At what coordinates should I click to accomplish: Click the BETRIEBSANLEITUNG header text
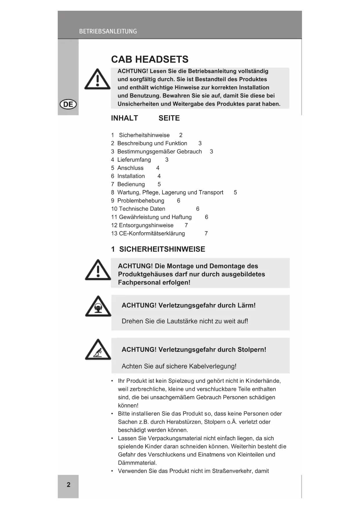click(x=108, y=31)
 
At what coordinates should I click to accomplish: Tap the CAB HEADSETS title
click(x=150, y=59)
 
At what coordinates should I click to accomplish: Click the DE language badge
click(x=68, y=104)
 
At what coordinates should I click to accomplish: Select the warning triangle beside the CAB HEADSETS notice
click(x=97, y=79)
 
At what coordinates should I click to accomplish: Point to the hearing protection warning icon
click(x=98, y=307)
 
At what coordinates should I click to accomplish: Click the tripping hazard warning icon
click(x=98, y=350)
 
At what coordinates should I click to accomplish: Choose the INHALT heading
click(x=124, y=118)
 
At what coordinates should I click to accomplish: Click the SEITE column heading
click(x=169, y=118)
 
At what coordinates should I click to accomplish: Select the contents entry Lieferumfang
click(x=134, y=160)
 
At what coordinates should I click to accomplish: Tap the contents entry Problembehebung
click(x=141, y=201)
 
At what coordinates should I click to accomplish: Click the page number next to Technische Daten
click(x=198, y=209)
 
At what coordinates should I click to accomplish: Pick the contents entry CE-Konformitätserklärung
click(x=152, y=233)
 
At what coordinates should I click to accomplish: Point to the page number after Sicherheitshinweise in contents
click(x=181, y=135)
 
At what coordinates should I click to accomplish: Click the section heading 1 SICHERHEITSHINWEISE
click(x=158, y=249)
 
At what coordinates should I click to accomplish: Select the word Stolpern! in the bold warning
click(x=252, y=349)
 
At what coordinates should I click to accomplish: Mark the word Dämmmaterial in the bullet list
click(x=137, y=463)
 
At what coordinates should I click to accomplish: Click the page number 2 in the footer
click(x=68, y=485)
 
